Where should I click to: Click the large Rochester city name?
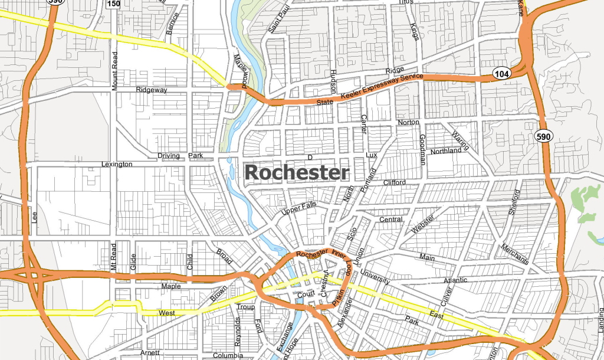click(x=297, y=172)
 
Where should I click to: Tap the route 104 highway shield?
click(x=501, y=73)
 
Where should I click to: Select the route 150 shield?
click(x=113, y=4)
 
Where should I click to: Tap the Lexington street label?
click(x=117, y=164)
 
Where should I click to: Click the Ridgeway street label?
click(x=152, y=90)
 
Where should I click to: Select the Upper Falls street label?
click(x=298, y=208)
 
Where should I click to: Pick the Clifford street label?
click(x=395, y=182)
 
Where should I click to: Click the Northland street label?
click(x=446, y=150)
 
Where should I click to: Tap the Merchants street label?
click(x=515, y=254)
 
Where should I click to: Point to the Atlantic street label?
click(x=455, y=280)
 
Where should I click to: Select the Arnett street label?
click(x=150, y=352)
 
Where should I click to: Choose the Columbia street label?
click(x=228, y=356)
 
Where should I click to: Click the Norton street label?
click(x=408, y=122)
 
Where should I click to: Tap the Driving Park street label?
click(x=180, y=156)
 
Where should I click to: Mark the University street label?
click(x=375, y=278)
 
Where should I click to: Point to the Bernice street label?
click(x=172, y=22)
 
